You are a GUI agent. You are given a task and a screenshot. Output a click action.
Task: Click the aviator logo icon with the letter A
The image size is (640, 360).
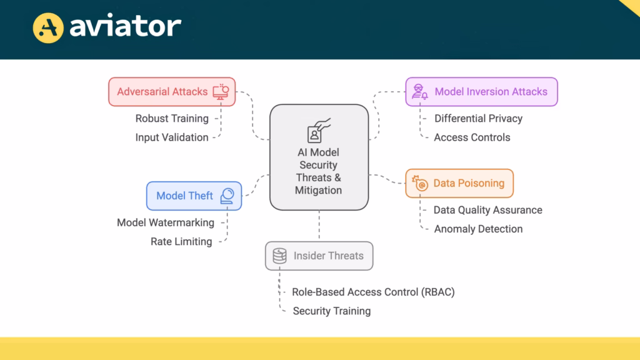(x=49, y=27)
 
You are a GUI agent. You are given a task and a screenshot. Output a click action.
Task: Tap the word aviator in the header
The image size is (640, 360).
(x=125, y=26)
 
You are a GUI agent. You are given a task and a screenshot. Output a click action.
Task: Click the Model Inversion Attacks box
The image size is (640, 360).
(x=481, y=92)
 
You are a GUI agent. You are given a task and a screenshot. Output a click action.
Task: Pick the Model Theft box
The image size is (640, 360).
(x=194, y=196)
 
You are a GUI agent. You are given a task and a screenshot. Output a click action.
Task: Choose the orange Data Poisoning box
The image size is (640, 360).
(x=459, y=183)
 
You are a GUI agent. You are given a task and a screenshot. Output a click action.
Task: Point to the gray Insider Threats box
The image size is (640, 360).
(x=319, y=256)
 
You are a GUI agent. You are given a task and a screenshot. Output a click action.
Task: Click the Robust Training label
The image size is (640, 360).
(x=172, y=118)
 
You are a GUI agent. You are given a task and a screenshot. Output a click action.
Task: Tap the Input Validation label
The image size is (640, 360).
(x=172, y=137)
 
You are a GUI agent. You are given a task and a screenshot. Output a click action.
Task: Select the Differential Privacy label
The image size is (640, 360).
(x=478, y=118)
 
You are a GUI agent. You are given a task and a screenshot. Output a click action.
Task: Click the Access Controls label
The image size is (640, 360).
(x=472, y=137)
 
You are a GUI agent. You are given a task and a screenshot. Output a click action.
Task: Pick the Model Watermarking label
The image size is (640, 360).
(x=166, y=222)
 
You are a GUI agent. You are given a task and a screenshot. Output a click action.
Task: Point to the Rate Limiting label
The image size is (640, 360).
(x=181, y=241)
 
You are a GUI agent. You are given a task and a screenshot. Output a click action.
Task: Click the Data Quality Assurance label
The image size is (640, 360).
(x=487, y=210)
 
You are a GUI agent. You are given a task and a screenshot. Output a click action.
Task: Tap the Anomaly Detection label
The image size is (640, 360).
(x=478, y=229)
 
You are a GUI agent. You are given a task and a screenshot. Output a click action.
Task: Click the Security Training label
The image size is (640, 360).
(x=332, y=311)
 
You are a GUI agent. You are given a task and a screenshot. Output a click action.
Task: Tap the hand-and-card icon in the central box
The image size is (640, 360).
(x=319, y=130)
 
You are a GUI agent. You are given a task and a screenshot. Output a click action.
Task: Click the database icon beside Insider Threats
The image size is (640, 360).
(x=279, y=256)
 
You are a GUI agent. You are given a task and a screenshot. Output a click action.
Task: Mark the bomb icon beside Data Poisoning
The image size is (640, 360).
(x=420, y=183)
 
